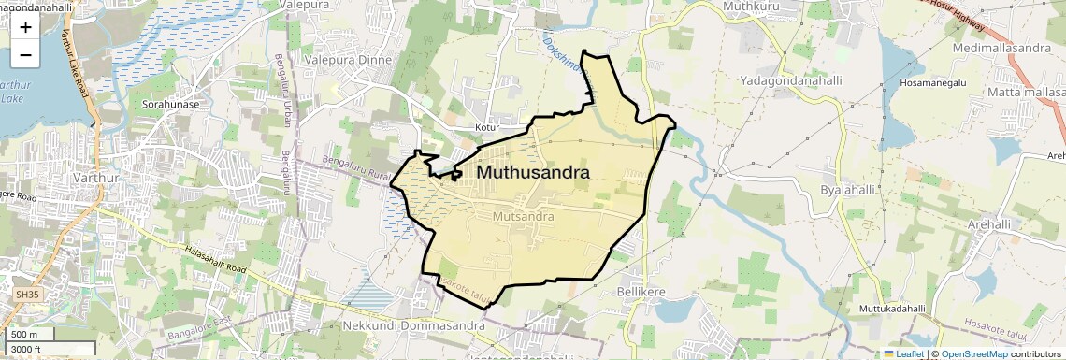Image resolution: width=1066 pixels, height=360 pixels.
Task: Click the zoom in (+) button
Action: coord(25,28)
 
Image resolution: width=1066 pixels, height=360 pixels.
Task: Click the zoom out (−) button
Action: coord(25,55)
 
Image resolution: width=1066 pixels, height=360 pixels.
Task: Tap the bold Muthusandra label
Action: coord(533,173)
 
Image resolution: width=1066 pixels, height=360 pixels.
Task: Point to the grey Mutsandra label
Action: coord(517,216)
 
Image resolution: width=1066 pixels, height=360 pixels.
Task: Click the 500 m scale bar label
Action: coord(24,335)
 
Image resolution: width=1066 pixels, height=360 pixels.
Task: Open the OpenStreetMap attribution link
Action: coord(973,353)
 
